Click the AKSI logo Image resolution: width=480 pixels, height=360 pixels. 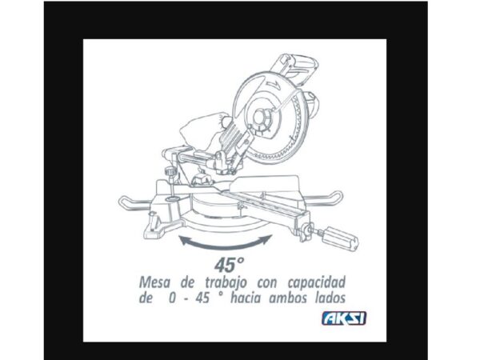coord(344,318)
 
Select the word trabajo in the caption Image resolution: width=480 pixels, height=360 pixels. coord(226,282)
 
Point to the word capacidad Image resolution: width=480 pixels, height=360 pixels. coord(317,283)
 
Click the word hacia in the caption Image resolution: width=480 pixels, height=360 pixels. coord(246,298)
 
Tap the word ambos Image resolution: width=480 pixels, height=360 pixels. coord(287,298)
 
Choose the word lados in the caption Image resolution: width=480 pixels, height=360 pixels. coord(330,298)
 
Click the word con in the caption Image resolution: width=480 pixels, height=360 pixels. coord(267,283)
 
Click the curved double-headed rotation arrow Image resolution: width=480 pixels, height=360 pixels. coord(226,245)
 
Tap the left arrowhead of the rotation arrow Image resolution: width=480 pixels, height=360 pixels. coord(184,240)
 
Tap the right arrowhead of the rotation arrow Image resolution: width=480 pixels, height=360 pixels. coord(267,238)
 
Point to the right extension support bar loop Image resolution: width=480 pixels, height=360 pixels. coord(325,199)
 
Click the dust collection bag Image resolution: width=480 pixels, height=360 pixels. coord(203,129)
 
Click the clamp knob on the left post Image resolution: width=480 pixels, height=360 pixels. coord(171,172)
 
